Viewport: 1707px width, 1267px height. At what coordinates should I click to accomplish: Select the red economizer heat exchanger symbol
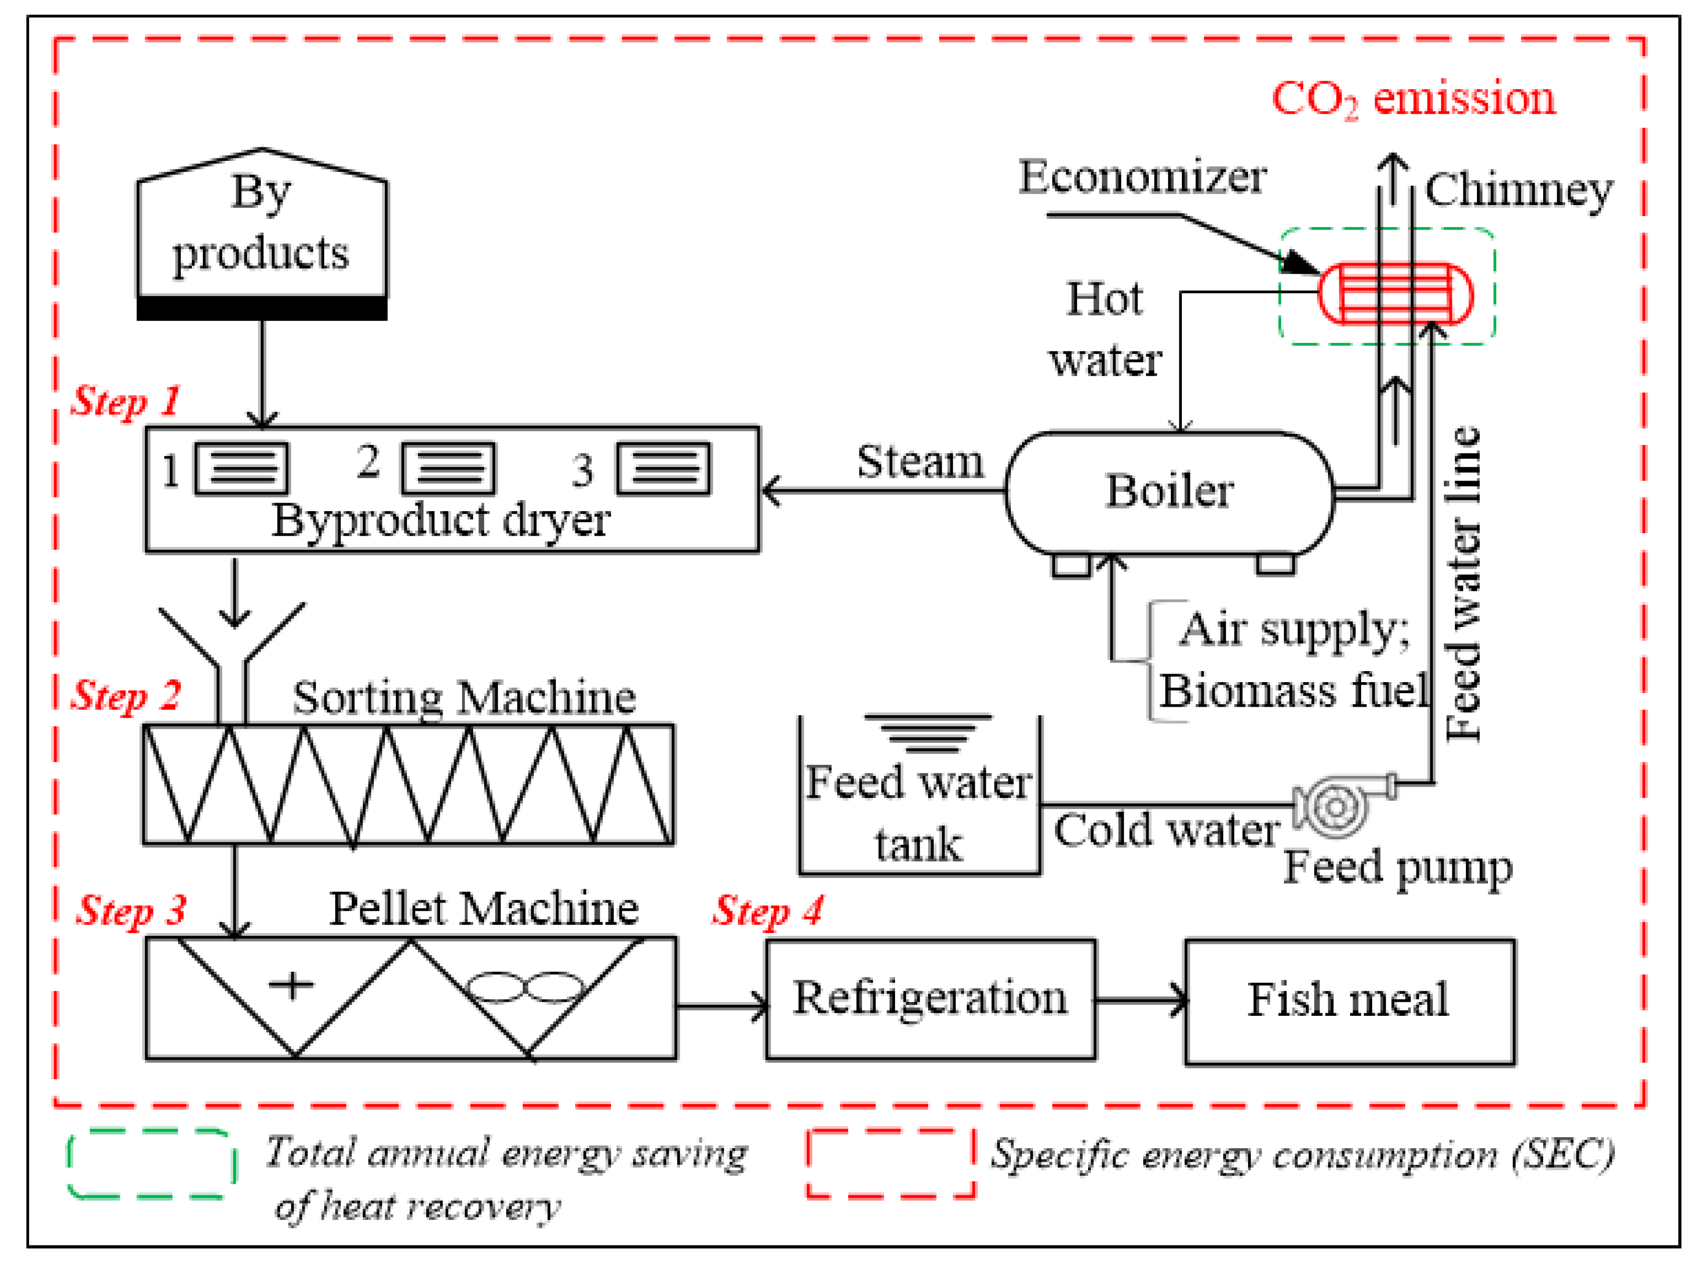(1396, 294)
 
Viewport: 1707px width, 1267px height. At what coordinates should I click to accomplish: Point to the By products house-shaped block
(262, 230)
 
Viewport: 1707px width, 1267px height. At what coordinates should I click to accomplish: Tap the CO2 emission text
(1413, 100)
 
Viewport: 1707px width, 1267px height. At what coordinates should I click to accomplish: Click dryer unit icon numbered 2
(449, 468)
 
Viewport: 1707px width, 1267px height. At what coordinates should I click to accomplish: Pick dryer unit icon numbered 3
(664, 468)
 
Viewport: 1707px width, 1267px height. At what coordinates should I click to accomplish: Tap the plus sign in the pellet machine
(291, 985)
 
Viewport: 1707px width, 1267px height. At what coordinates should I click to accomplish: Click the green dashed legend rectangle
(152, 1163)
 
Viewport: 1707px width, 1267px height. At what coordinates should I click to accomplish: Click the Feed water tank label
(919, 813)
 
